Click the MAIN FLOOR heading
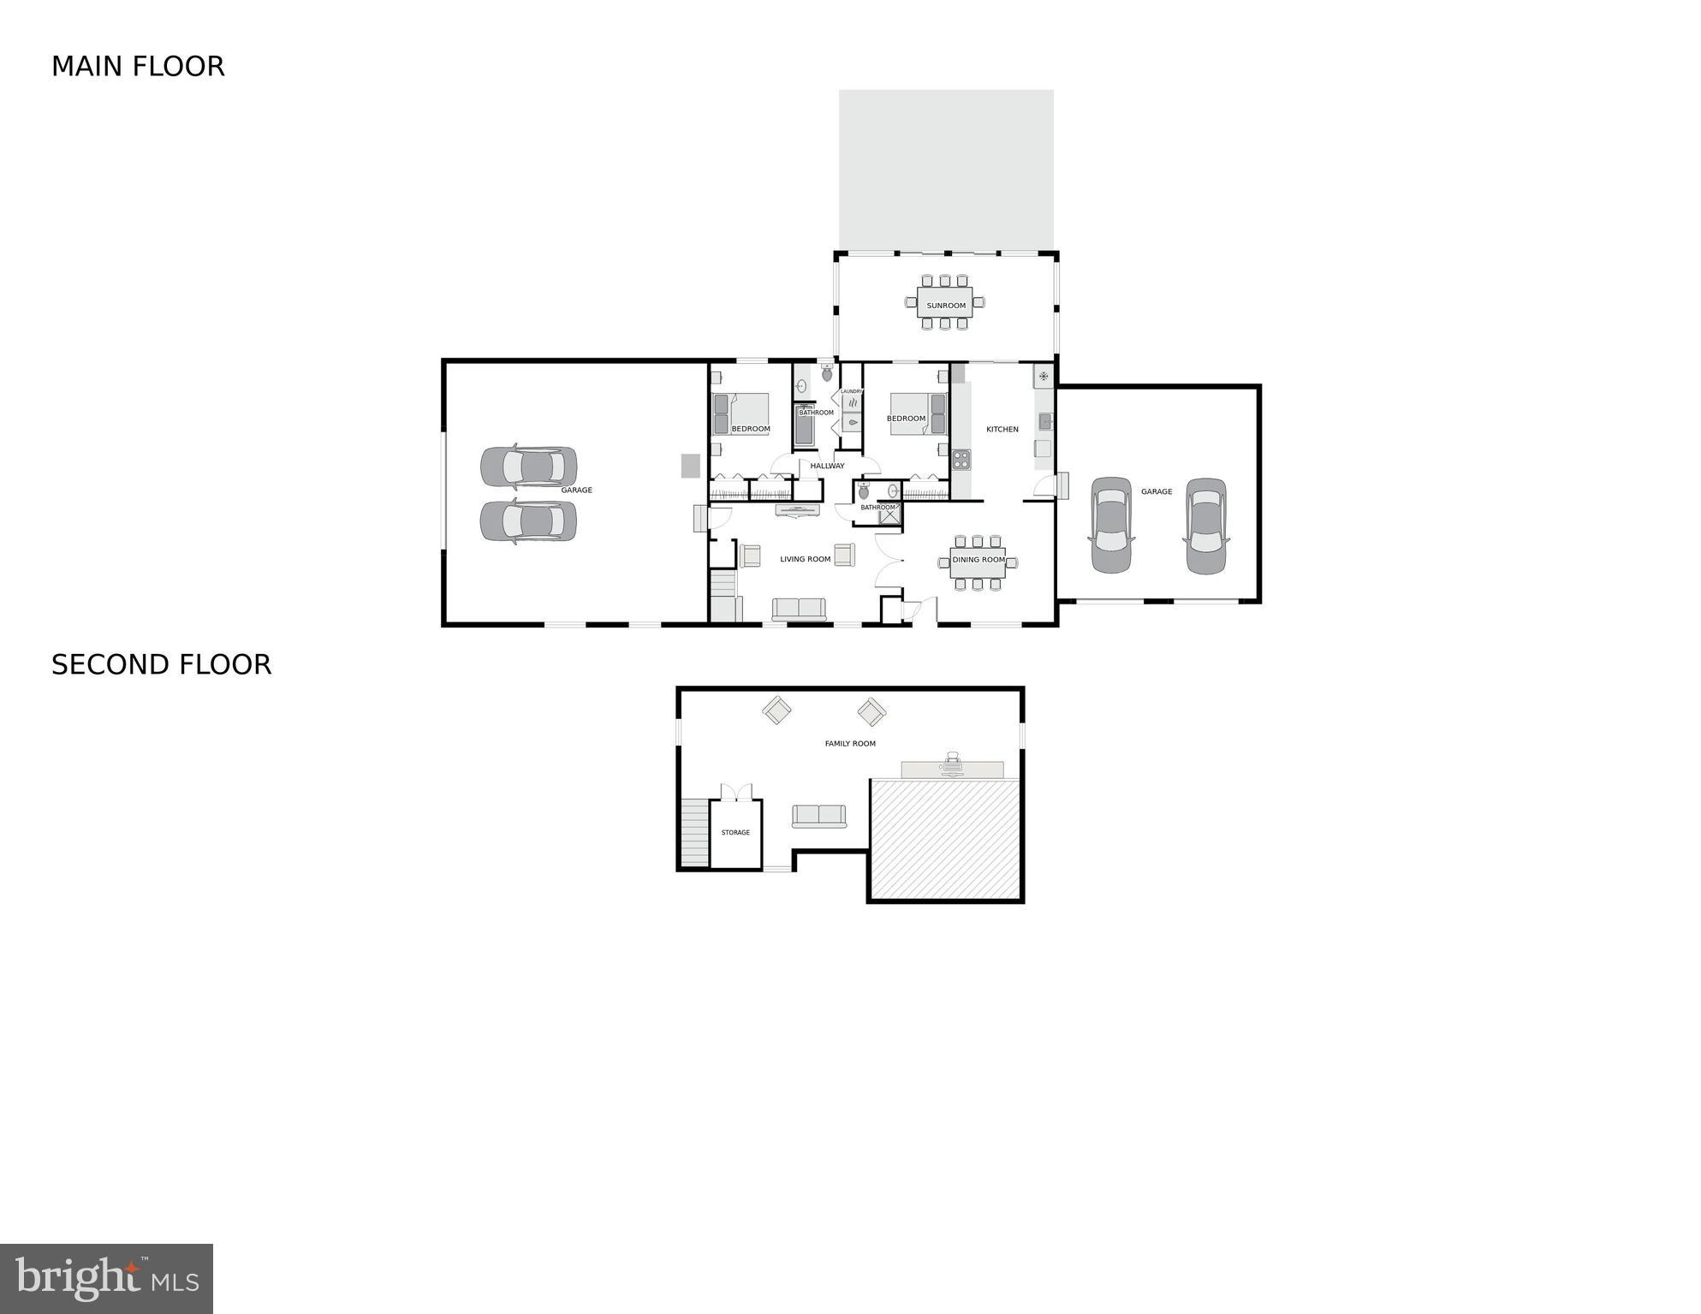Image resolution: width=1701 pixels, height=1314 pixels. click(138, 67)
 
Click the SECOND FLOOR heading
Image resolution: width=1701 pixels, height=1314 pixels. click(161, 665)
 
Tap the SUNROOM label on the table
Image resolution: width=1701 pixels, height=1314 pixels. click(946, 306)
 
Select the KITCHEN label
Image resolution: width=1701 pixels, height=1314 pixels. click(1002, 429)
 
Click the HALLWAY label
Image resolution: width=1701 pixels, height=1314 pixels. click(827, 466)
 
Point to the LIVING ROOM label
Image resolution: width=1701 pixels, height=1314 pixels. click(805, 559)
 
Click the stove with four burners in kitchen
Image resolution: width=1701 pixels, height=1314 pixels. click(961, 460)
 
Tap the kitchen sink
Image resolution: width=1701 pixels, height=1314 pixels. click(1045, 421)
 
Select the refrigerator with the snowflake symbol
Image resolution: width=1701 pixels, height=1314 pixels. click(1044, 376)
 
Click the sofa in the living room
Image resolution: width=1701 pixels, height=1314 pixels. click(799, 609)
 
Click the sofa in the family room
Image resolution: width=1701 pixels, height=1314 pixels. click(819, 816)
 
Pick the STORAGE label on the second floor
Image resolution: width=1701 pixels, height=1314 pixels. click(735, 832)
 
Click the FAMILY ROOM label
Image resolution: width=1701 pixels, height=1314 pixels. click(850, 744)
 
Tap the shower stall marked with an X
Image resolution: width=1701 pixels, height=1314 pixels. click(889, 515)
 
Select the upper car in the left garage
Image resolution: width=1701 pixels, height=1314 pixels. click(528, 466)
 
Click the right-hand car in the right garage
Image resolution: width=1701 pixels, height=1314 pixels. click(1206, 526)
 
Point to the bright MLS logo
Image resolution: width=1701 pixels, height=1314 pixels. click(106, 1278)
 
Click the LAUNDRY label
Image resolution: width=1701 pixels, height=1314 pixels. click(851, 391)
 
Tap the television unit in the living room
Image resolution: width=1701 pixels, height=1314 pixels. click(797, 510)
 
